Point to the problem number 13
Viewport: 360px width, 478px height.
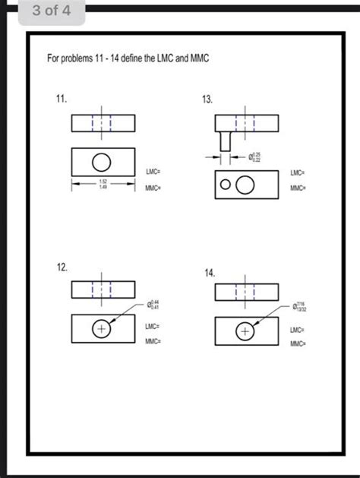[x=207, y=100]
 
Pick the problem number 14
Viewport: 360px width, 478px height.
[x=209, y=272]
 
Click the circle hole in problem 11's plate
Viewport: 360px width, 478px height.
[x=100, y=161]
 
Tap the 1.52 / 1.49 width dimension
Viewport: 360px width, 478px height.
[x=103, y=184]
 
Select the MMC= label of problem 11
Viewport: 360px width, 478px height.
[x=153, y=187]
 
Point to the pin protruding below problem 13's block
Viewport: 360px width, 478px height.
[x=225, y=141]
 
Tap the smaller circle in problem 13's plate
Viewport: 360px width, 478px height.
[x=226, y=185]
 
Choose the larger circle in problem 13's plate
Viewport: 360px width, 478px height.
[x=245, y=185]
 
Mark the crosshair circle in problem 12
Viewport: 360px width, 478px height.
[x=100, y=329]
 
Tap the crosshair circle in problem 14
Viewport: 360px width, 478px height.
[x=244, y=331]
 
